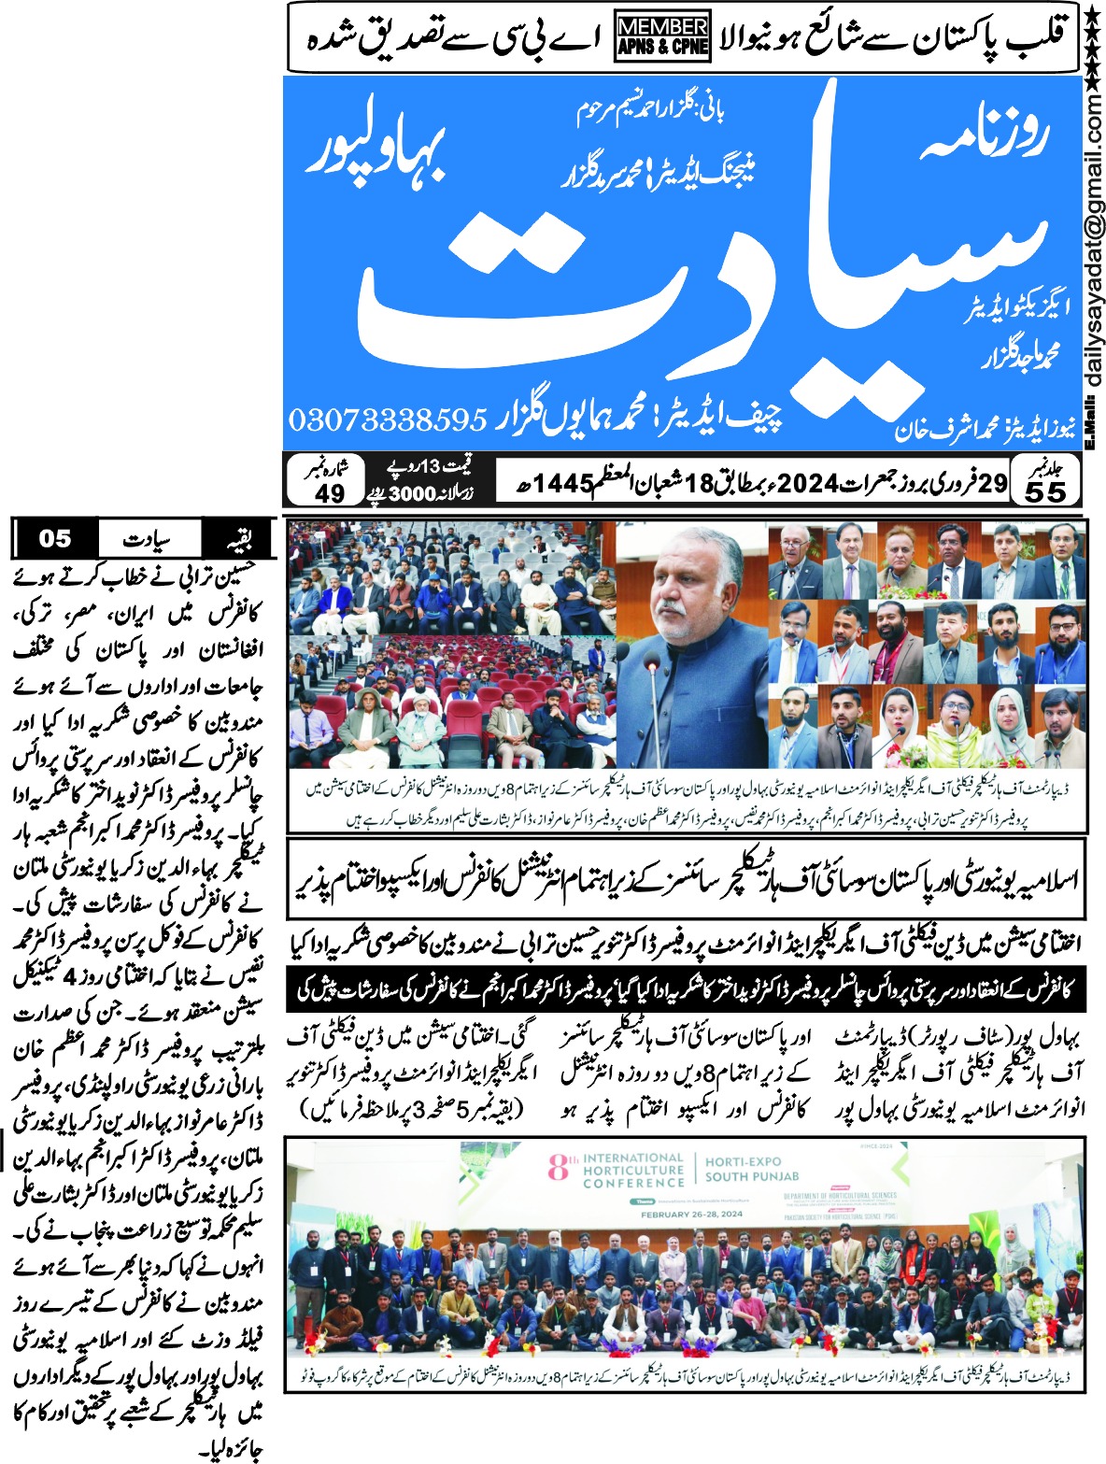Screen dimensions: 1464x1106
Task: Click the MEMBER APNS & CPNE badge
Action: point(662,37)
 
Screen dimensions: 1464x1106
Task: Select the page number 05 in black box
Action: point(55,538)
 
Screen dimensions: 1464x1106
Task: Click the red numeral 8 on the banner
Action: point(559,1167)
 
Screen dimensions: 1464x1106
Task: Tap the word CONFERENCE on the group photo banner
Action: point(633,1183)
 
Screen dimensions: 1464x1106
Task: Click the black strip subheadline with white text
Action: point(687,989)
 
